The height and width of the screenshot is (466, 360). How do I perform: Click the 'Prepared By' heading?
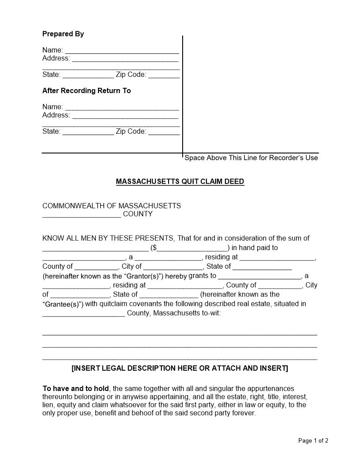63,34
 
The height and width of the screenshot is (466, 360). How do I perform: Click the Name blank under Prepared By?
122,50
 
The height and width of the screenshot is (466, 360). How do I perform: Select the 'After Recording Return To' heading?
86,91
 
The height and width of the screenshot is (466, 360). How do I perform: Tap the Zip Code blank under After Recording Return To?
164,132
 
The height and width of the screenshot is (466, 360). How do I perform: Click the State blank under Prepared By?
88,75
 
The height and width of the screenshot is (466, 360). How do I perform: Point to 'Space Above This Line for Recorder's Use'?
251,158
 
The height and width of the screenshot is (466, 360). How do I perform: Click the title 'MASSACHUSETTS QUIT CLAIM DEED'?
180,182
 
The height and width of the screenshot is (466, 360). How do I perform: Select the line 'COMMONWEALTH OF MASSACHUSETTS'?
112,206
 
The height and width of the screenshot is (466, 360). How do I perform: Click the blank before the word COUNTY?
82,215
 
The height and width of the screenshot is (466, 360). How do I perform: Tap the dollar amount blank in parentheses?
192,248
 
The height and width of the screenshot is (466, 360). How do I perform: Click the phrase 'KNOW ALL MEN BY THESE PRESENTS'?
109,238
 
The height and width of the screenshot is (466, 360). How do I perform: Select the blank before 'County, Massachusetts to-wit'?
83,314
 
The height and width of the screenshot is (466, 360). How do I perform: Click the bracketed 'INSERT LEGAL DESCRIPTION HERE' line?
180,368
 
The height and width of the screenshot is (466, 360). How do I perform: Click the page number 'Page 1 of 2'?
313,440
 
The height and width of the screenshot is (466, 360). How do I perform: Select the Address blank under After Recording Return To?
125,116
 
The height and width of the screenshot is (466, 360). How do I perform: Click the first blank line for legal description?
180,334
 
